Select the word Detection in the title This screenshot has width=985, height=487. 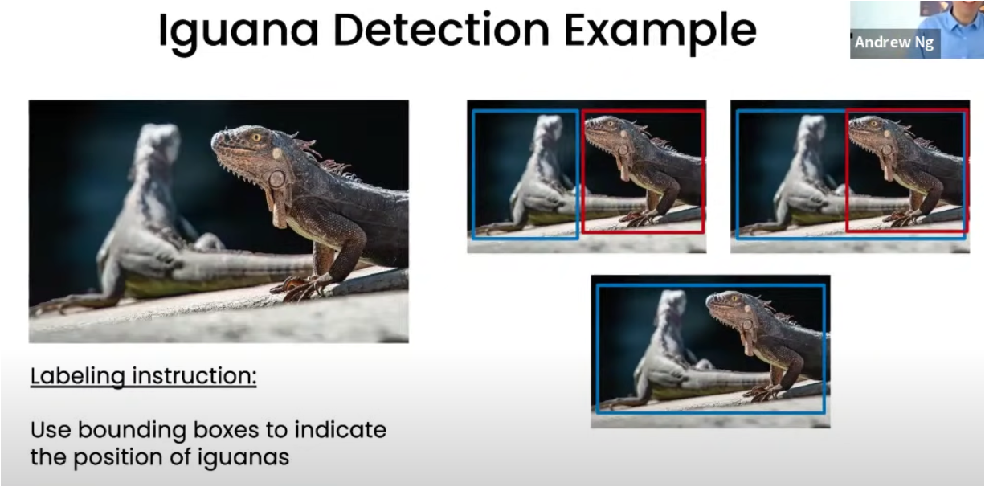tap(442, 29)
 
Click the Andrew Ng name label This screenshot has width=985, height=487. tap(894, 43)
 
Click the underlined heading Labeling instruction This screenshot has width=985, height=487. tap(143, 377)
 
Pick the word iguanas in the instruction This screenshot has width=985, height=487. tap(243, 458)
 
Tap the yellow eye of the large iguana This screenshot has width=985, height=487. tap(256, 137)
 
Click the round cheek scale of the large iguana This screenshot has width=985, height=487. tap(277, 179)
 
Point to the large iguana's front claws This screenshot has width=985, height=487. tap(299, 288)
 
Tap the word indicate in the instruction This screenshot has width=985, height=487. tap(341, 430)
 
